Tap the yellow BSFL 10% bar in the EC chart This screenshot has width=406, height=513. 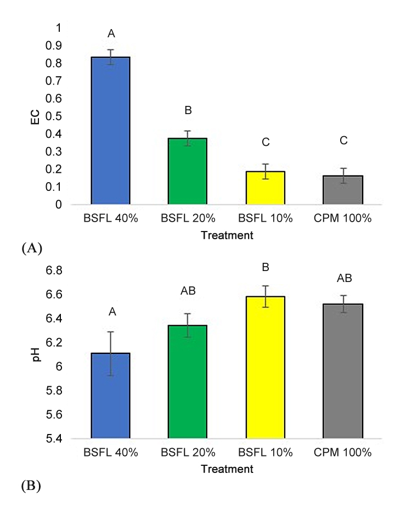pyautogui.click(x=265, y=188)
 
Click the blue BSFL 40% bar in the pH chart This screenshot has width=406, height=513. pyautogui.click(x=110, y=396)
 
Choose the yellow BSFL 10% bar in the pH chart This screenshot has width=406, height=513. pyautogui.click(x=265, y=368)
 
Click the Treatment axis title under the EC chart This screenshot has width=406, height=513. pyautogui.click(x=227, y=236)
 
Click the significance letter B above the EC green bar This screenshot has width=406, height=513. pyautogui.click(x=188, y=111)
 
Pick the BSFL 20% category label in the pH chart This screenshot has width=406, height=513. pyautogui.click(x=188, y=454)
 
